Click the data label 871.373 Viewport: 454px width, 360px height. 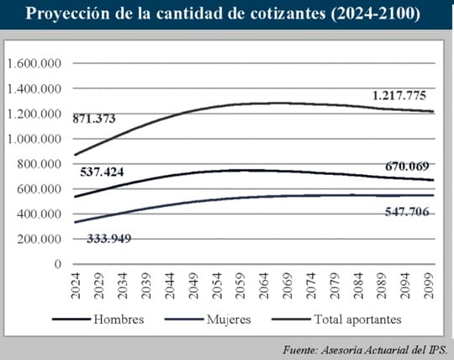[x=94, y=119]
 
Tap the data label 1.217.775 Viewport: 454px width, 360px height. [x=399, y=95]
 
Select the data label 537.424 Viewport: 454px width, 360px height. [x=102, y=172]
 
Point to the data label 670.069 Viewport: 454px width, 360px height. [x=407, y=167]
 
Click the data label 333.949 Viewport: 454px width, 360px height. [x=109, y=239]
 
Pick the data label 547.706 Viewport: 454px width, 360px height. [x=407, y=212]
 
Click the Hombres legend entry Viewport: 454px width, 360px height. [x=98, y=320]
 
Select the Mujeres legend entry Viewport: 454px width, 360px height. [x=208, y=320]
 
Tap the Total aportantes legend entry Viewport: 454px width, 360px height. [x=337, y=320]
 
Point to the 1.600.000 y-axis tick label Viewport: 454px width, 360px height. [x=34, y=63]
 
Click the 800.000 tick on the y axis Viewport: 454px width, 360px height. [x=40, y=164]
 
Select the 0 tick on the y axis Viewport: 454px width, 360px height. [x=58, y=264]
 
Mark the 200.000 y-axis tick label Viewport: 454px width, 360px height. [x=40, y=239]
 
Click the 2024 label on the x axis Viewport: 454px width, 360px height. [x=76, y=286]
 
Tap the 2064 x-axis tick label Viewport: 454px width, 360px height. [x=264, y=286]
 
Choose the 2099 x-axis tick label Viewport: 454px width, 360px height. [x=429, y=286]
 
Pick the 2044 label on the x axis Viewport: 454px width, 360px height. [x=170, y=286]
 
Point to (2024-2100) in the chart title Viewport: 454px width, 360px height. [x=375, y=13]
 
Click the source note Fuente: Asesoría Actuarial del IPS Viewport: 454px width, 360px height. [x=365, y=350]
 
